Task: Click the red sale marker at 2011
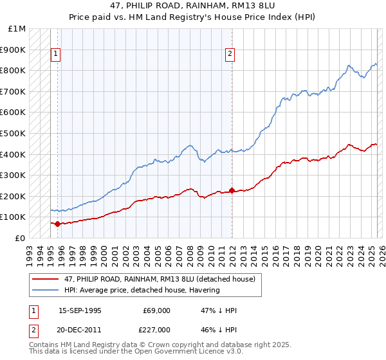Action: click(232, 190)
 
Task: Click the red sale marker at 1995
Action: click(58, 224)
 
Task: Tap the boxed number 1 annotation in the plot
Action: click(56, 55)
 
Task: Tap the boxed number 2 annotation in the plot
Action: click(230, 55)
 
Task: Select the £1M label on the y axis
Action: click(17, 29)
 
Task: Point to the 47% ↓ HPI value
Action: click(219, 310)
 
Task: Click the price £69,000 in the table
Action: click(156, 310)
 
